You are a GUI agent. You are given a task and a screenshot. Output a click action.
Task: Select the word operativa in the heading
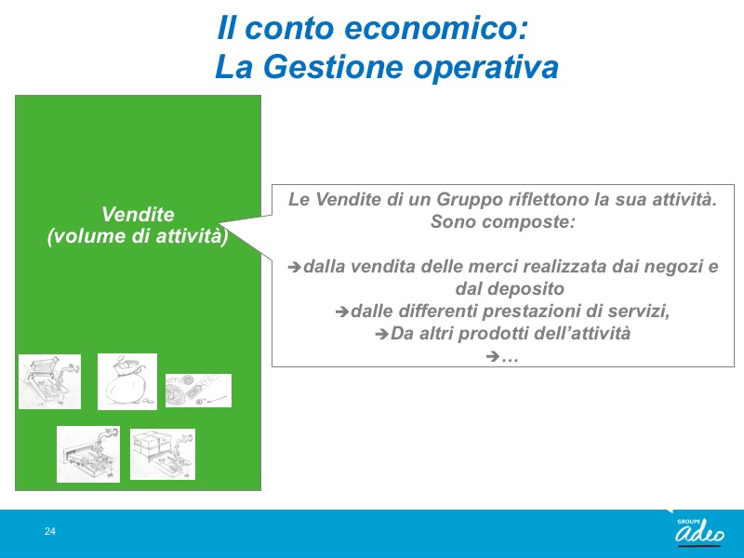[485, 68]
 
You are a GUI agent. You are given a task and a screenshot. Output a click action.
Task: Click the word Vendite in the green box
[138, 215]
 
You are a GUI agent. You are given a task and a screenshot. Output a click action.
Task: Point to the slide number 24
[50, 531]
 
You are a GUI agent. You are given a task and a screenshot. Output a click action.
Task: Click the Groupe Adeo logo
[700, 531]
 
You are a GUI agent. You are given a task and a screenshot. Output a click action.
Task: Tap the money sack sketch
[127, 381]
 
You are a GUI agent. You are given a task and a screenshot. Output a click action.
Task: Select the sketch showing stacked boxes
[162, 454]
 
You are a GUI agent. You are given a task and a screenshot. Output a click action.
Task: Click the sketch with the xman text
[198, 391]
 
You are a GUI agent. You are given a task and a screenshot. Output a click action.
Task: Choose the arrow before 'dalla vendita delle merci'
[294, 267]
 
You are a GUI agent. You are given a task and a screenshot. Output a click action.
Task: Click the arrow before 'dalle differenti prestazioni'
[341, 312]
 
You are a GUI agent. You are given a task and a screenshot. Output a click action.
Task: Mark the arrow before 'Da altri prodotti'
[381, 334]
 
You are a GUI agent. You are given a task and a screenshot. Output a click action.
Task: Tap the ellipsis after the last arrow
[510, 357]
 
